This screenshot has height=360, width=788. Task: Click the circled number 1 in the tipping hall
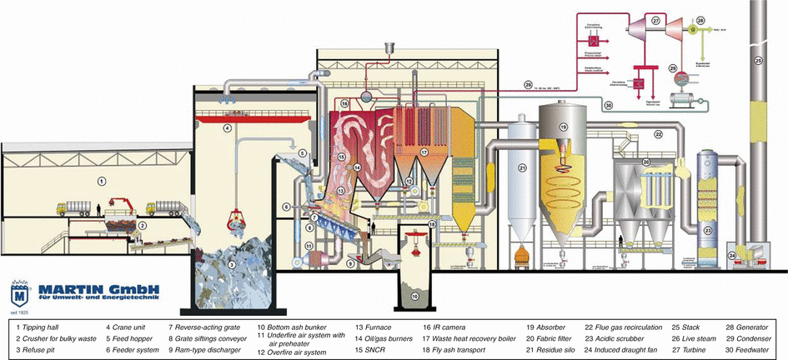click(101, 180)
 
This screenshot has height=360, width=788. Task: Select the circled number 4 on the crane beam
click(227, 128)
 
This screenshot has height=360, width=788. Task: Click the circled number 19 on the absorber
click(563, 127)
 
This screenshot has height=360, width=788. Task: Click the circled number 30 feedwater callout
click(609, 105)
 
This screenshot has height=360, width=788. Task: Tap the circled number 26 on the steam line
click(527, 84)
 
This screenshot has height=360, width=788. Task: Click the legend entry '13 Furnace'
click(375, 328)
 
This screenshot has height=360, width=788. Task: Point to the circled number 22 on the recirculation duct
click(657, 132)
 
